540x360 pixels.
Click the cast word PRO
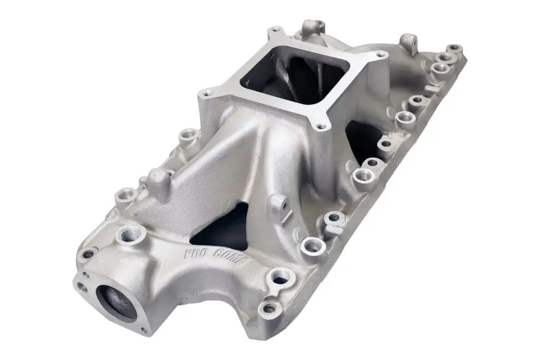point(194,254)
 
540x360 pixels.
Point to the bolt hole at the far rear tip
point(455,49)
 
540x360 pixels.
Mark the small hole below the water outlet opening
point(144,330)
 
